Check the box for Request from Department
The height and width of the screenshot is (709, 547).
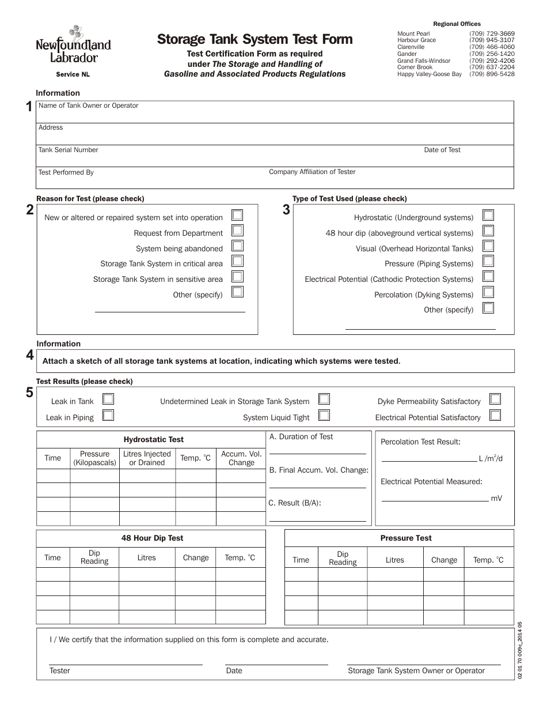pos(237,231)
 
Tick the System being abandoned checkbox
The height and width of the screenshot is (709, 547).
pos(237,246)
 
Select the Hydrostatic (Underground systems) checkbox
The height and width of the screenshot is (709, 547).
pos(488,215)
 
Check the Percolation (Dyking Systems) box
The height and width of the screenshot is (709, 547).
pos(488,292)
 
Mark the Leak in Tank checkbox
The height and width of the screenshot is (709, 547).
pos(108,399)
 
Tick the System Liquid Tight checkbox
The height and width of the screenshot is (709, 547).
pos(324,415)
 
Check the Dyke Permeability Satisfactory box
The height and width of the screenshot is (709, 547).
pos(495,399)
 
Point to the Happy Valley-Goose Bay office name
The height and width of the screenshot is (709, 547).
pos(429,74)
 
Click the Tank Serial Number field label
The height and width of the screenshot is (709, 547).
pos(68,150)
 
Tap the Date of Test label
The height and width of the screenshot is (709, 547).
pos(442,150)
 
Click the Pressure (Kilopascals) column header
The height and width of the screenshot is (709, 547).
pos(94,458)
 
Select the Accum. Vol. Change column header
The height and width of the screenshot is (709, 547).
pos(241,458)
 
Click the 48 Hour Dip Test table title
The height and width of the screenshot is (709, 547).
pos(152,538)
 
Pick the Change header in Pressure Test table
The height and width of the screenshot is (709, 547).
pos(444,560)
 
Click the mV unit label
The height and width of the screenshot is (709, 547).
pos(496,498)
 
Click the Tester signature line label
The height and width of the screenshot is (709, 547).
pos(60,671)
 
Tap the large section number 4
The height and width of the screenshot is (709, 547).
pos(29,356)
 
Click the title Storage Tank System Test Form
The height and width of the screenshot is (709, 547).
pos(255,39)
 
